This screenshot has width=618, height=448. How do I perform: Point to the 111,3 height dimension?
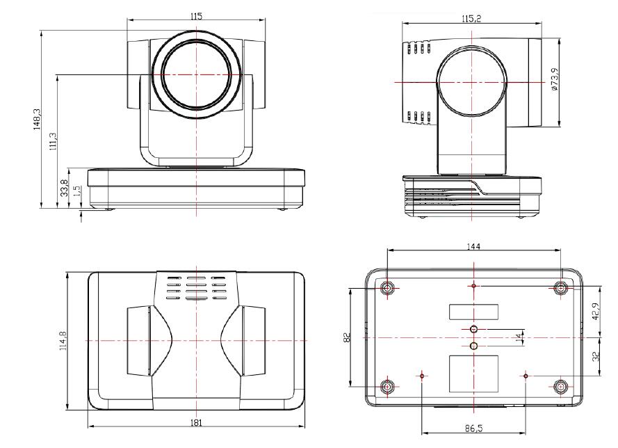coord(54,140)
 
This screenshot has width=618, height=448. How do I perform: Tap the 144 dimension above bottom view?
coord(474,246)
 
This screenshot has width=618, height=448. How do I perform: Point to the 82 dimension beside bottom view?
coord(346,337)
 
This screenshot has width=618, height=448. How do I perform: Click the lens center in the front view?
coord(197,74)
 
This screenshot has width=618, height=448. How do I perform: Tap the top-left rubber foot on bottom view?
coord(387,287)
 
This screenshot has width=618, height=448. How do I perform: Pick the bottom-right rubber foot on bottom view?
coord(561,386)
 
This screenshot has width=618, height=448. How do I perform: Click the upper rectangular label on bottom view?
coord(473,311)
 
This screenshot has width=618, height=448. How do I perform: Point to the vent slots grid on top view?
coord(197,287)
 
